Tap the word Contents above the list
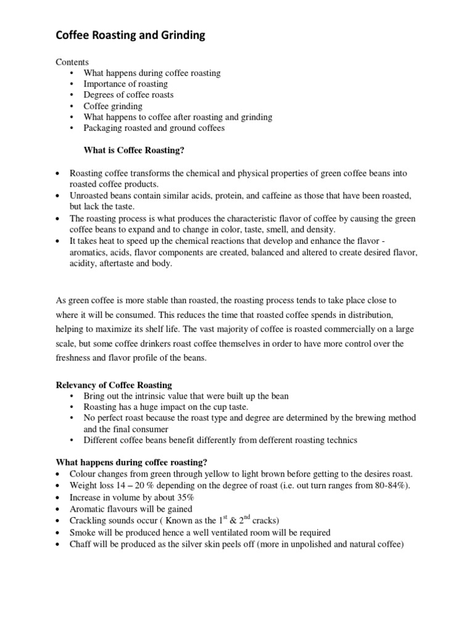[73, 62]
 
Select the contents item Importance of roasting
[126, 84]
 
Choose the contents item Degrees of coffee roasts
[129, 95]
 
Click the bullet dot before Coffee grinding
[72, 106]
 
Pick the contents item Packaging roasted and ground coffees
[154, 128]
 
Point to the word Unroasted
[88, 196]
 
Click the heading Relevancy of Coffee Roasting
[114, 385]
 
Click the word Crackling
[89, 520]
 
